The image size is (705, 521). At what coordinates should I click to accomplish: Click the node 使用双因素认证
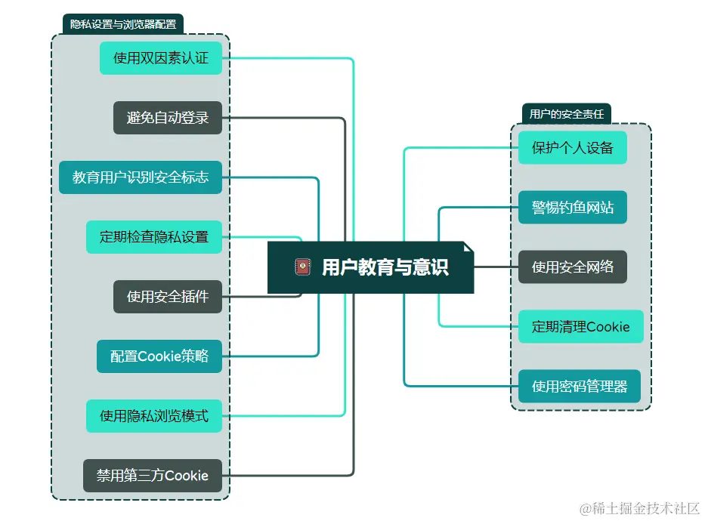click(161, 58)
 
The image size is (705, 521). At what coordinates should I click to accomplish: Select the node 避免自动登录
click(168, 118)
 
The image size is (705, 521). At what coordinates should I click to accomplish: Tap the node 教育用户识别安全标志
click(141, 177)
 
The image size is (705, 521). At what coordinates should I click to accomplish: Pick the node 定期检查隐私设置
click(154, 236)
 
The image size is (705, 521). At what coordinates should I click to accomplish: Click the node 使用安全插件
click(168, 297)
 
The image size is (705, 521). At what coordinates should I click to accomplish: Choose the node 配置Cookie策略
click(159, 356)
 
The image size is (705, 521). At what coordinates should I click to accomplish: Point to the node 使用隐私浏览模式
click(154, 416)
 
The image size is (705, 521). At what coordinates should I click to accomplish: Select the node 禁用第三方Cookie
click(153, 476)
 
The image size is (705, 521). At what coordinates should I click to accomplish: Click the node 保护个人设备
click(573, 147)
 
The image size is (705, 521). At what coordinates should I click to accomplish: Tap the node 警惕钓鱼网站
click(573, 207)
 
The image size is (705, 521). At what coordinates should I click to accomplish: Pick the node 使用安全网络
click(573, 267)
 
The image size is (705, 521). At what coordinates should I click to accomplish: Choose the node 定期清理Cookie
click(580, 327)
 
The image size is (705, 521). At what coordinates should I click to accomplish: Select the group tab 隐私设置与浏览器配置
click(123, 24)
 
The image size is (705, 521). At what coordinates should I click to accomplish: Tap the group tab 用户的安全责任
click(567, 114)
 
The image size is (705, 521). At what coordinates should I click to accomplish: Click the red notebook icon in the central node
click(303, 267)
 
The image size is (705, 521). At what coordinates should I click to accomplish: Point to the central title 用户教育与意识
click(385, 267)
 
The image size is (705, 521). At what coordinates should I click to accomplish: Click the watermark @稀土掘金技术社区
click(639, 508)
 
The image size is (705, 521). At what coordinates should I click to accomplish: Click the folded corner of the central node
click(468, 247)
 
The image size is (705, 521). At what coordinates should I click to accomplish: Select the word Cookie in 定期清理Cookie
click(608, 327)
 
